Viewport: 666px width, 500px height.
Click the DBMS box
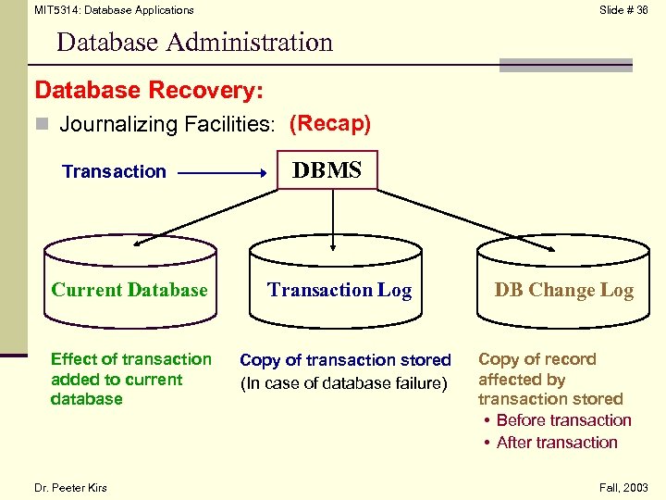pos(327,170)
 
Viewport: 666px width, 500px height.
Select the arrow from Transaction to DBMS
pos(222,172)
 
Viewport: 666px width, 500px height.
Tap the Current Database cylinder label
pos(129,290)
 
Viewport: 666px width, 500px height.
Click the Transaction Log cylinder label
pos(339,290)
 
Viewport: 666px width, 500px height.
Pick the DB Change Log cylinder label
pos(564,290)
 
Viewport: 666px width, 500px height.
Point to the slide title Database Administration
pos(194,43)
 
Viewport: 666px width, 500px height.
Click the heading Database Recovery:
pos(149,91)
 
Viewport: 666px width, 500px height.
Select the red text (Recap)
pos(330,123)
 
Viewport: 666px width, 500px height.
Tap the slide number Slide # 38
pos(623,10)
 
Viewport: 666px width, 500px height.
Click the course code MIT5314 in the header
pos(55,10)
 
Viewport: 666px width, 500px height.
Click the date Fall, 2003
pos(624,488)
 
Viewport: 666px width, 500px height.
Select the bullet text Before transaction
pos(563,420)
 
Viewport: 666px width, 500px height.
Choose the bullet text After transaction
pos(557,443)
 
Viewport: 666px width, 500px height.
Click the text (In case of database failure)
pos(343,383)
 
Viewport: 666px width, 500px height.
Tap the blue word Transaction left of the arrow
pos(114,171)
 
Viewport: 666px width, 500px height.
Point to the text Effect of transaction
pos(131,359)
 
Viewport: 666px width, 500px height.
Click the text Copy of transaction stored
pos(345,360)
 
